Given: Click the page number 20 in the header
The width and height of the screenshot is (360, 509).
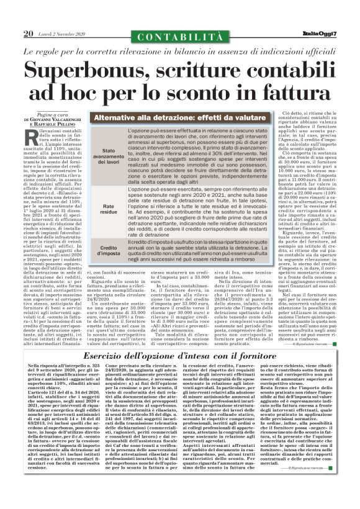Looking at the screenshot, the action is tap(29, 34).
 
